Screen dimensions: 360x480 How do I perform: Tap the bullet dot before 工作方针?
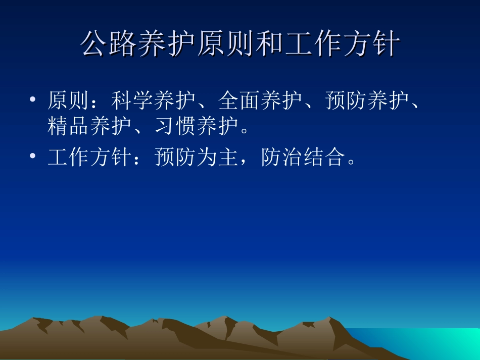[x=33, y=158]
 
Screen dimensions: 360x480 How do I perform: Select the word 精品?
[x=69, y=127]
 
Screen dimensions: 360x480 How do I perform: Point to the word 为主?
[x=218, y=159]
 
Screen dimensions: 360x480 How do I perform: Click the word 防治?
[x=282, y=159]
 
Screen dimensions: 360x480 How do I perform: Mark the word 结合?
[x=325, y=159]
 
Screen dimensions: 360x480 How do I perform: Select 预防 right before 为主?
[x=176, y=159]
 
